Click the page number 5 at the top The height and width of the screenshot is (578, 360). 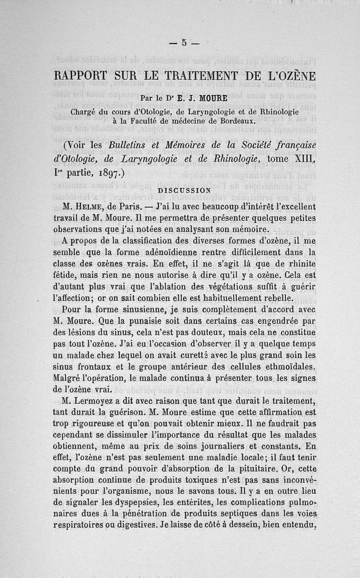pos(184,43)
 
